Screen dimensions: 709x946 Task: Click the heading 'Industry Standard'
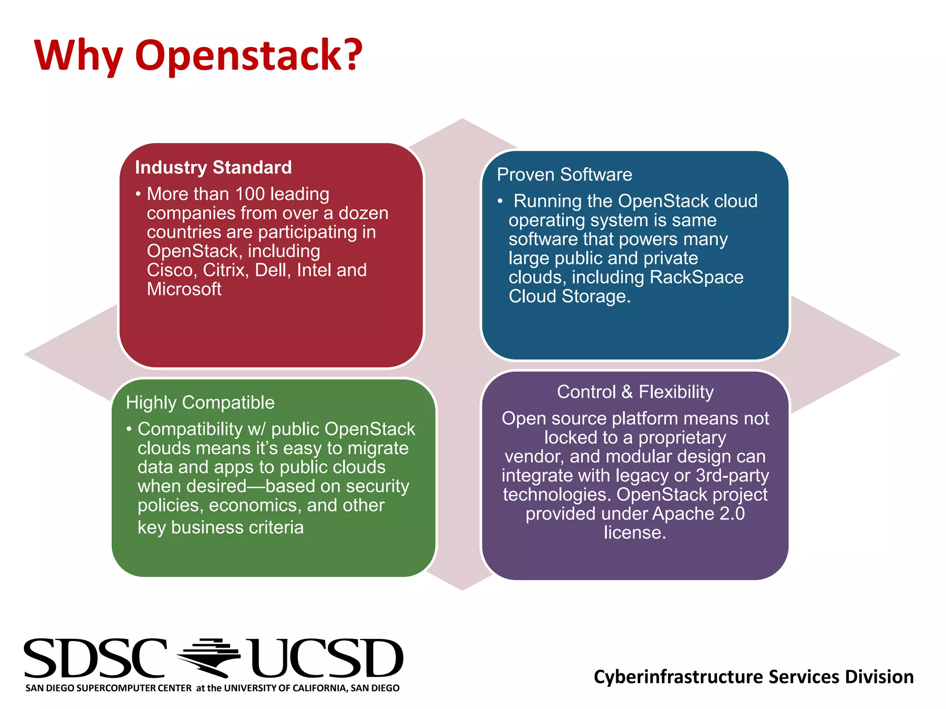coord(213,168)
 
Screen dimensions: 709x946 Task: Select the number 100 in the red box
coord(250,194)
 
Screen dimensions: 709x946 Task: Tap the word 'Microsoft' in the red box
coord(184,289)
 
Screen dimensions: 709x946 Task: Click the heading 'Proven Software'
coord(564,175)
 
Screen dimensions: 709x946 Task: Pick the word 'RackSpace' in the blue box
coord(696,277)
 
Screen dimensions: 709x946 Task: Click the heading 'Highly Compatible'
coord(200,403)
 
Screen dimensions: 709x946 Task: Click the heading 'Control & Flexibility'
coord(635,392)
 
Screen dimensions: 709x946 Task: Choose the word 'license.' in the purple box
coord(635,533)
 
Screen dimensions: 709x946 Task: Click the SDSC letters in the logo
coord(95,659)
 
